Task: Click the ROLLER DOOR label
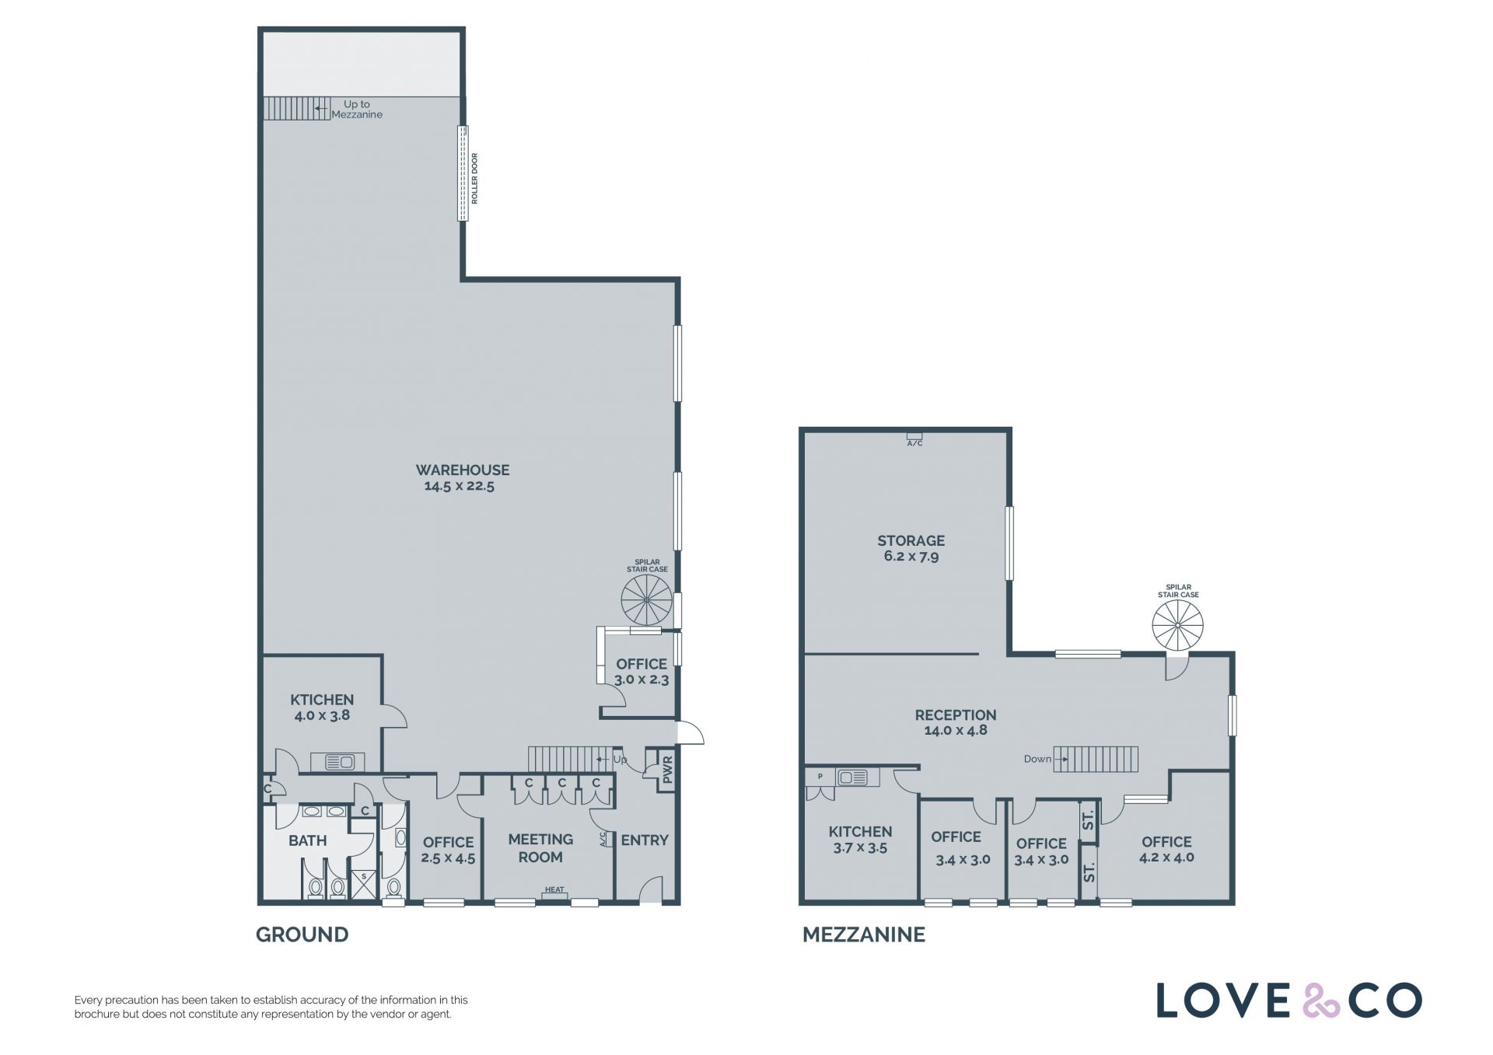click(475, 179)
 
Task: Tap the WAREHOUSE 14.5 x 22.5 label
click(462, 478)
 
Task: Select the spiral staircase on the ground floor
click(647, 600)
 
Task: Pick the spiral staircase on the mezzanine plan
click(1177, 625)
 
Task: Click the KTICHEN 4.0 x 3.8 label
click(322, 707)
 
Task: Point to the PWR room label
click(666, 770)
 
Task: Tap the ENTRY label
click(645, 840)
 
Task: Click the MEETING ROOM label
click(540, 848)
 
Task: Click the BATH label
click(307, 840)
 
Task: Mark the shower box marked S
click(363, 885)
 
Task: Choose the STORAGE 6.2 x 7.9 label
click(911, 548)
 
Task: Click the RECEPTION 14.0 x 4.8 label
click(956, 722)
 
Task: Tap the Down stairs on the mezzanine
click(1096, 759)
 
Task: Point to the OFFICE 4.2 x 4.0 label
click(1166, 850)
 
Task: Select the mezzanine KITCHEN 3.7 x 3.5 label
click(860, 840)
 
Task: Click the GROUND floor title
click(302, 934)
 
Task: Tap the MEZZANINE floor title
click(864, 934)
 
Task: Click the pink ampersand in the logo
click(1321, 1001)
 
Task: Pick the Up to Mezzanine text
click(357, 109)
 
